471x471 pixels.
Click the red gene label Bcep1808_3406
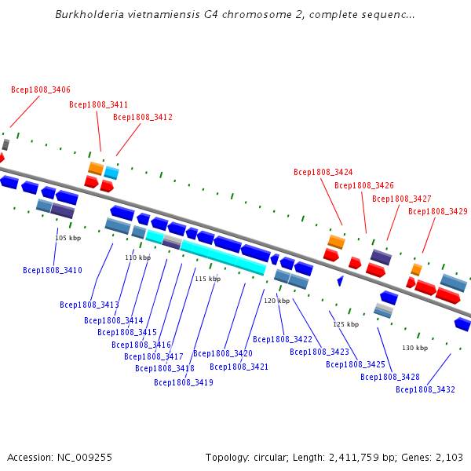point(41,89)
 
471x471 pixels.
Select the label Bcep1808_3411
point(99,104)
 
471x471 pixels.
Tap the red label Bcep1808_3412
point(143,117)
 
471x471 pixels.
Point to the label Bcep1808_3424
point(323,172)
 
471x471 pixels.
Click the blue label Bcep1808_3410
point(53,270)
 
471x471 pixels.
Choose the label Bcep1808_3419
point(184,382)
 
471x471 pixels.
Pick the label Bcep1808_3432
point(425,389)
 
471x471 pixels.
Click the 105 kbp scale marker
point(68,238)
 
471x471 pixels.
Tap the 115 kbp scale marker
point(208,279)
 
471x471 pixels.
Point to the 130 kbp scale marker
point(415,348)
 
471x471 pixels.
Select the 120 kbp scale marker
point(277,301)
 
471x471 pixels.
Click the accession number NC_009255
point(85,458)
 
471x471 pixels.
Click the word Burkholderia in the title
point(89,14)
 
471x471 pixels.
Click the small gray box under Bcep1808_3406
point(5,144)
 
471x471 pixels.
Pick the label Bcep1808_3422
point(283,339)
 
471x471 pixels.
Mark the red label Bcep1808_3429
point(438,211)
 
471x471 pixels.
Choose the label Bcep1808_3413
point(89,305)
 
